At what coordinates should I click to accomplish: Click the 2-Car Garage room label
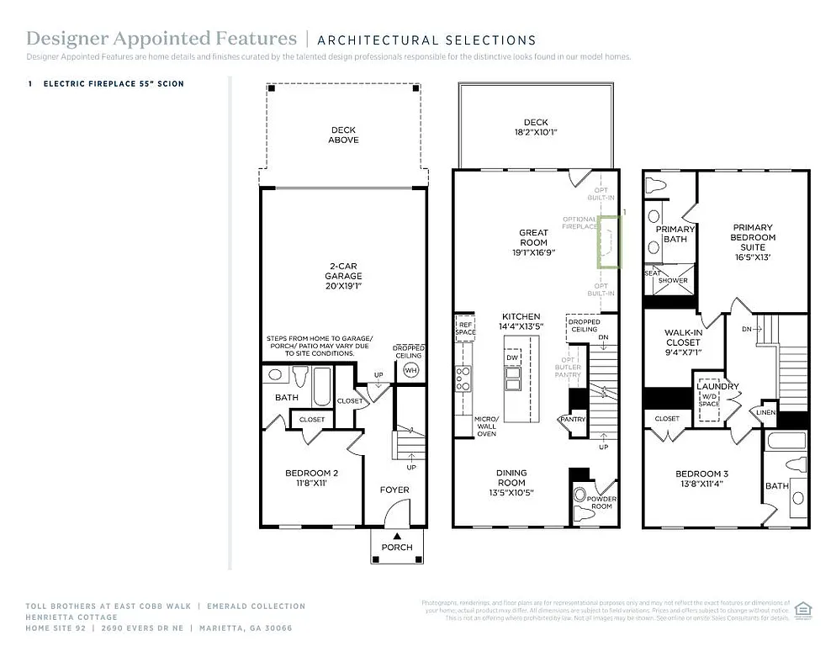click(x=344, y=275)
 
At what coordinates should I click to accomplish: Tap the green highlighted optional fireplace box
click(x=608, y=241)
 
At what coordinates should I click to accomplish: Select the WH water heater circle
click(x=410, y=370)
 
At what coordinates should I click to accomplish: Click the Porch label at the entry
click(x=397, y=547)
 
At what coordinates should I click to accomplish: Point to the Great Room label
click(x=533, y=242)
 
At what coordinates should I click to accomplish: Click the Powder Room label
click(x=601, y=503)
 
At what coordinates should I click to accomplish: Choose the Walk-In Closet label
click(x=682, y=343)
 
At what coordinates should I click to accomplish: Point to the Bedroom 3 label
click(x=701, y=479)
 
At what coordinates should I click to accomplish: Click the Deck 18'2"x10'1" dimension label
click(x=536, y=127)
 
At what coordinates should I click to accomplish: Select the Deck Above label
click(x=343, y=135)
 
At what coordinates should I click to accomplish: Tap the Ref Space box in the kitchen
click(x=465, y=327)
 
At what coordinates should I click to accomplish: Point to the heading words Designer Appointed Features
click(x=161, y=39)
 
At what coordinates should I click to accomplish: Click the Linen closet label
click(x=765, y=412)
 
